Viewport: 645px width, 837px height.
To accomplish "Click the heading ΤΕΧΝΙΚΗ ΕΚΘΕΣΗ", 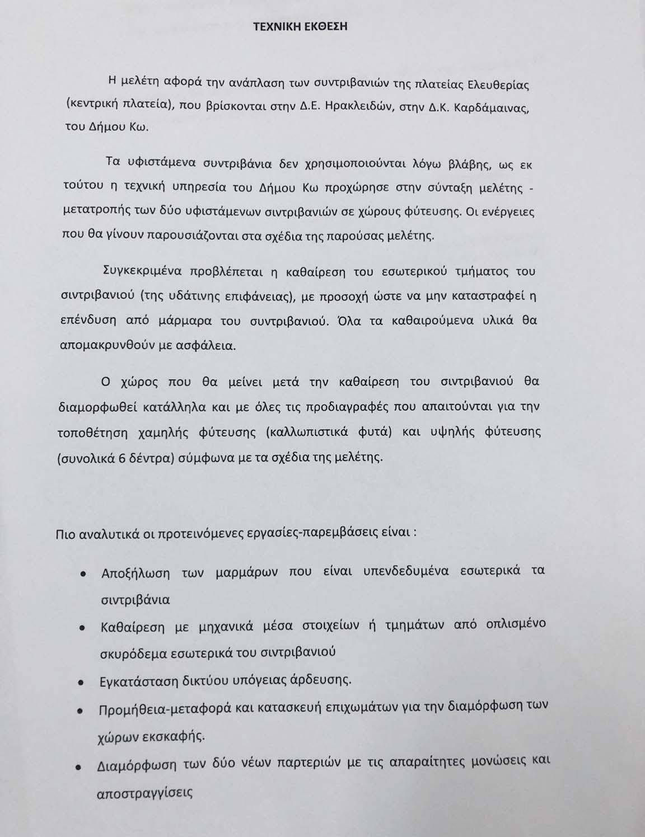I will tap(300, 26).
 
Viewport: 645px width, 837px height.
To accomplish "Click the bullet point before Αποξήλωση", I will tap(83, 575).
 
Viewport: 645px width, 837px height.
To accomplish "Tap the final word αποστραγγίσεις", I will tap(145, 793).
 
